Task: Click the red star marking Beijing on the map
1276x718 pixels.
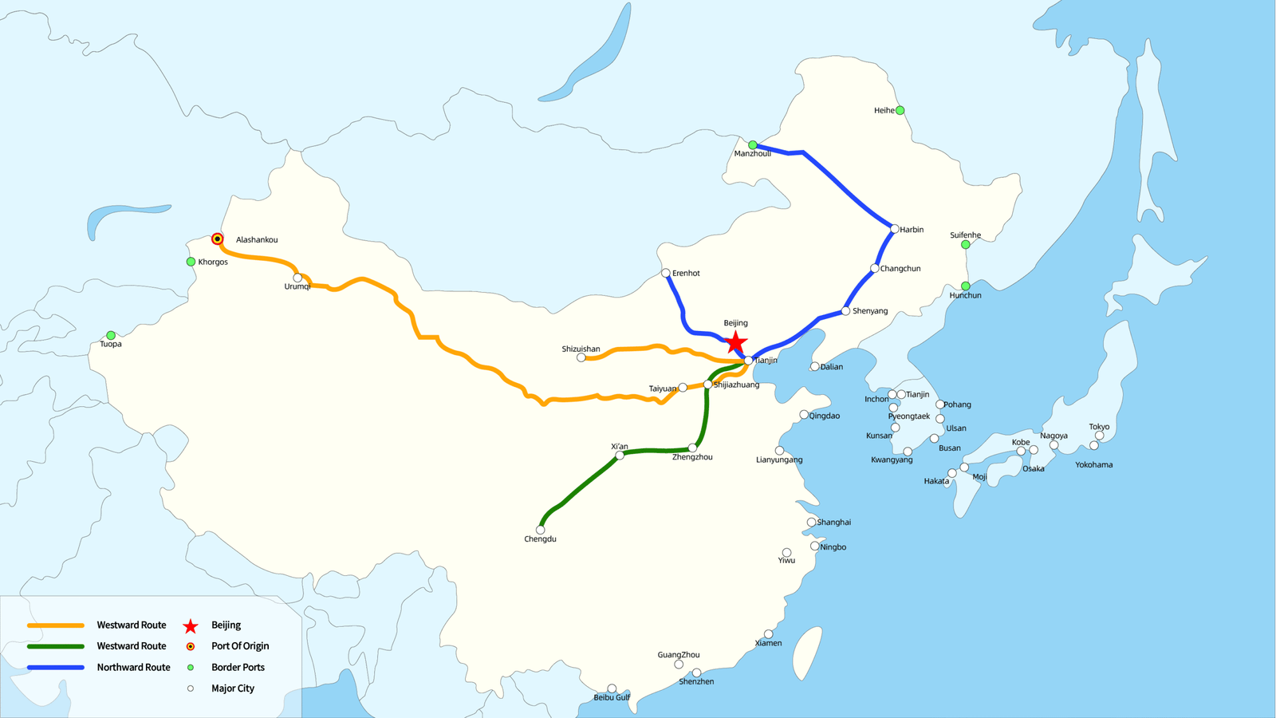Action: click(735, 343)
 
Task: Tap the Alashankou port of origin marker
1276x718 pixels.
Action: click(217, 239)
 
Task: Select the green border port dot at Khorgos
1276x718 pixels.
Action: click(191, 262)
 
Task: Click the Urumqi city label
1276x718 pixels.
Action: click(297, 286)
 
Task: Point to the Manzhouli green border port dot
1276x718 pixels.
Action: click(752, 145)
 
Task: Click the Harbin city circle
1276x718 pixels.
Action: click(895, 229)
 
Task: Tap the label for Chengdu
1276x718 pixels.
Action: click(540, 539)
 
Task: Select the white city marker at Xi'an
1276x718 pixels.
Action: click(620, 456)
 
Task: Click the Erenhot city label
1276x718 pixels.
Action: click(686, 273)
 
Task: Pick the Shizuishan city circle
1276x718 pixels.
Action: click(581, 358)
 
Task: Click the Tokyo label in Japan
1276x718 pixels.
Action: click(1099, 427)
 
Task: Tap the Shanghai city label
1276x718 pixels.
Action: click(834, 523)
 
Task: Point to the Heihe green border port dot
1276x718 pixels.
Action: click(900, 110)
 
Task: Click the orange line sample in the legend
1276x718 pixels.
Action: click(56, 625)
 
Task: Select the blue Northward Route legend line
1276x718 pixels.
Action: click(56, 668)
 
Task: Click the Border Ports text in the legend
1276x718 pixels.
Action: click(238, 668)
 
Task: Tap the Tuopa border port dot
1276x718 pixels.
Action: click(111, 335)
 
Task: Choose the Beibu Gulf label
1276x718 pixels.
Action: click(612, 697)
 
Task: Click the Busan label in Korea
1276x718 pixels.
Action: click(950, 448)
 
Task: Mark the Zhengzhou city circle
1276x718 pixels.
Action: click(692, 448)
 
